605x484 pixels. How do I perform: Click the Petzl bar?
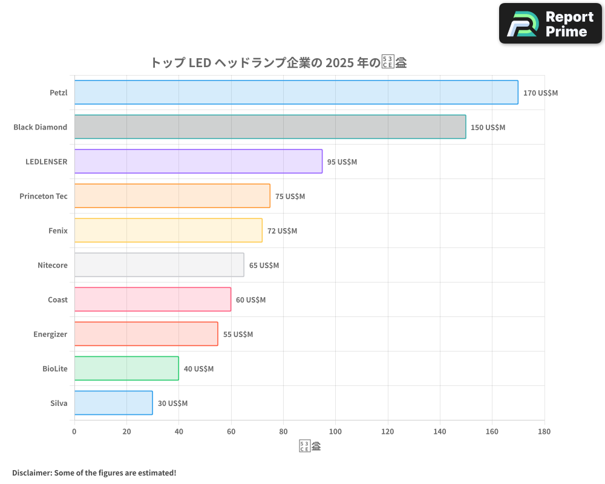point(296,93)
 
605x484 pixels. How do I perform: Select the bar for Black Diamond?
point(270,127)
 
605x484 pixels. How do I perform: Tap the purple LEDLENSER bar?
point(198,162)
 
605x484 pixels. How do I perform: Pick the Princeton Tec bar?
point(172,196)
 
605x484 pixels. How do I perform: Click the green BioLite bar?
point(126,368)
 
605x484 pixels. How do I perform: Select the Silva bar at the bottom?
point(113,403)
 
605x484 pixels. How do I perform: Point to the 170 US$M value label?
point(540,93)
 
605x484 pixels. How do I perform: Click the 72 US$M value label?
point(282,231)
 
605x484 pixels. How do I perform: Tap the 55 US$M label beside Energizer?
point(238,335)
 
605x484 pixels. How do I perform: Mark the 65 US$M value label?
point(264,266)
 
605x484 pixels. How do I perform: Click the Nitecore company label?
point(52,265)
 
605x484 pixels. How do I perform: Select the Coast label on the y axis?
point(57,299)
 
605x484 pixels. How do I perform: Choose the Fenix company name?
point(58,231)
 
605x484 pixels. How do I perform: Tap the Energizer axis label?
point(50,334)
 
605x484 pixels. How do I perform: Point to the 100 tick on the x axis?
point(335,432)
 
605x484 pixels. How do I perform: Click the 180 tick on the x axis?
point(544,432)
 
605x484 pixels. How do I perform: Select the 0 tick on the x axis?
point(74,432)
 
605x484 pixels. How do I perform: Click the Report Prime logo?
point(550,24)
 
